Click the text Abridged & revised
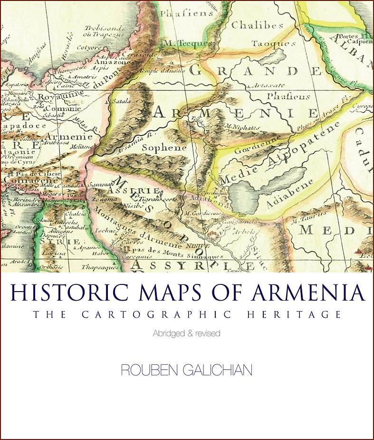186,333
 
